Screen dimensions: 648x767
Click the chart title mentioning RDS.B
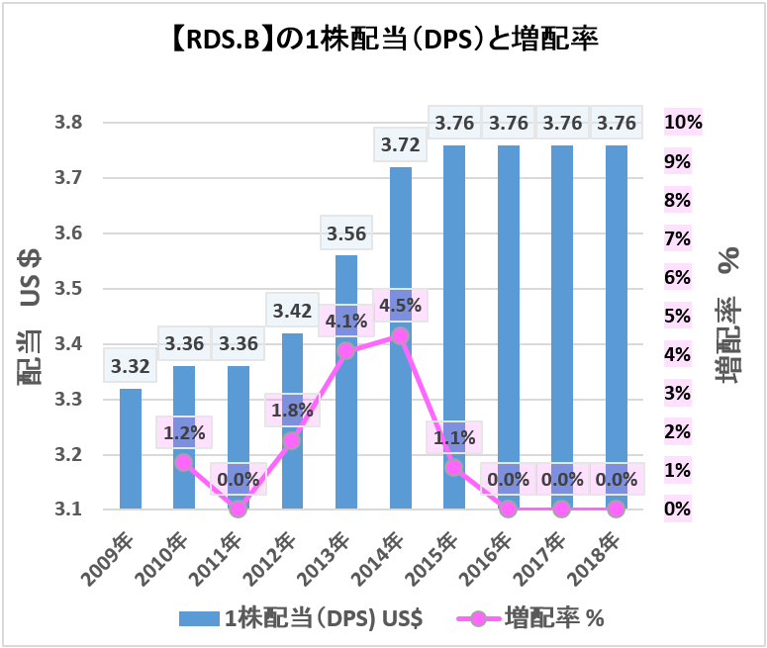pyautogui.click(x=382, y=42)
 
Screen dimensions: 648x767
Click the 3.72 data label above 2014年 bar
pyautogui.click(x=400, y=145)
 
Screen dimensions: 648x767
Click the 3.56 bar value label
pyautogui.click(x=345, y=234)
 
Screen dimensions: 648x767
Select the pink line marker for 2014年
pyautogui.click(x=400, y=335)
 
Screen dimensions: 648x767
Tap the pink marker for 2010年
pyautogui.click(x=184, y=462)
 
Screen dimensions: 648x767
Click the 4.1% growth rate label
pyautogui.click(x=345, y=321)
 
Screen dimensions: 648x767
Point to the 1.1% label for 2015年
pyautogui.click(x=453, y=436)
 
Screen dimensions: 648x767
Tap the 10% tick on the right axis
pyautogui.click(x=683, y=123)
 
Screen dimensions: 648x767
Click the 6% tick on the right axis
pyautogui.click(x=679, y=277)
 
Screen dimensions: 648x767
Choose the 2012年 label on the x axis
pyautogui.click(x=278, y=557)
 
